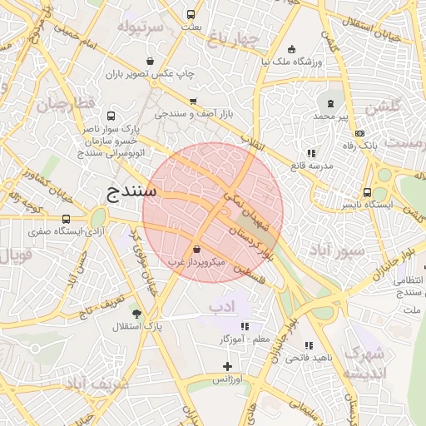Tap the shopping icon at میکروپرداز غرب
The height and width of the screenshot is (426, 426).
click(196, 249)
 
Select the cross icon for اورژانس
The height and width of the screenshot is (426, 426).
click(228, 366)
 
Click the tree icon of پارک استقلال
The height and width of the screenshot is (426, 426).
click(137, 314)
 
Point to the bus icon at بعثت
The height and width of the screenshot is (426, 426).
click(191, 14)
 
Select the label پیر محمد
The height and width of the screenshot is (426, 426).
click(330, 117)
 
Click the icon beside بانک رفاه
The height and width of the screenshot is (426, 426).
click(359, 133)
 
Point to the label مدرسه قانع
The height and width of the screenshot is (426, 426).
click(310, 166)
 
